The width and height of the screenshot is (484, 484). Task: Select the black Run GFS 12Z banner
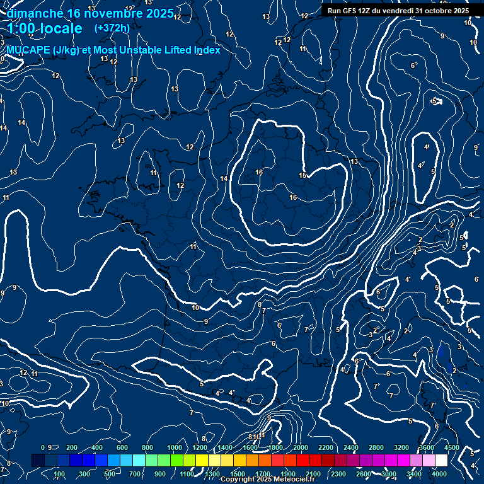[398, 11]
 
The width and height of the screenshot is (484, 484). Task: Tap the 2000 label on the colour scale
[301, 447]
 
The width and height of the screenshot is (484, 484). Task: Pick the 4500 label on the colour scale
[452, 447]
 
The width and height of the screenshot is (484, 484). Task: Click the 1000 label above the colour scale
[175, 447]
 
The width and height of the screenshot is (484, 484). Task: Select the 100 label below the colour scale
[60, 474]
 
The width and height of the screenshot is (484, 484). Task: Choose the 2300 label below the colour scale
[338, 474]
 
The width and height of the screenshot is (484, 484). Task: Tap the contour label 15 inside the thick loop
[302, 175]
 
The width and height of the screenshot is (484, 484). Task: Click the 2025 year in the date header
[159, 13]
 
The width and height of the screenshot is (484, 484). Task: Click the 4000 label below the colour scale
[439, 474]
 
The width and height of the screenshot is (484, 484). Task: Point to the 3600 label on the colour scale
[427, 447]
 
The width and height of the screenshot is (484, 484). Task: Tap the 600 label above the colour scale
[122, 447]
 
